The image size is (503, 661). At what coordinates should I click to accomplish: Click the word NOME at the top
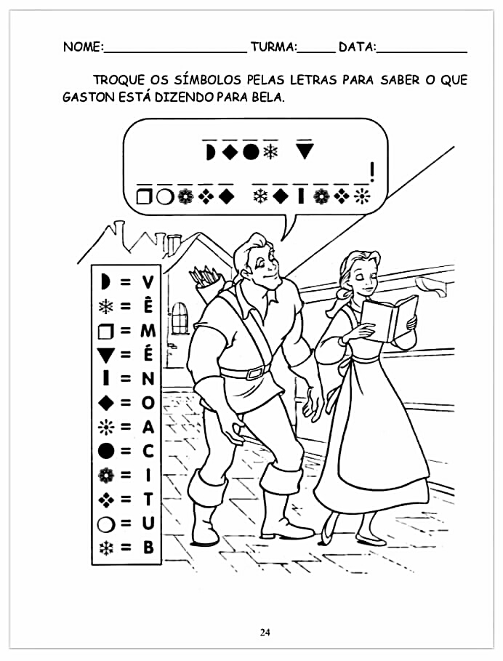[x=82, y=47]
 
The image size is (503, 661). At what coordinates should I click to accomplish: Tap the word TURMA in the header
[x=273, y=47]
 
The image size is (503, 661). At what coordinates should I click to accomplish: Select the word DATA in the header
[x=356, y=47]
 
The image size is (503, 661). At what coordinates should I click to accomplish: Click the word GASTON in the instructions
[x=89, y=97]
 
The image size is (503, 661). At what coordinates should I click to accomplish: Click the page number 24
[x=265, y=633]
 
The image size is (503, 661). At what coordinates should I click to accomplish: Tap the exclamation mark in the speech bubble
[x=371, y=172]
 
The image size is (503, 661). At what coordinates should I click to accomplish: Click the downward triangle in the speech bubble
[x=305, y=151]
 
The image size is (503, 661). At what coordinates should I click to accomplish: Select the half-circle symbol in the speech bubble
[x=210, y=152]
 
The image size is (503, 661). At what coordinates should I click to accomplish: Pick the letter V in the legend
[x=148, y=282]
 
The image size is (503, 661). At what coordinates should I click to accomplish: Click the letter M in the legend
[x=148, y=330]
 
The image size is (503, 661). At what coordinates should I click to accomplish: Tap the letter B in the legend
[x=148, y=548]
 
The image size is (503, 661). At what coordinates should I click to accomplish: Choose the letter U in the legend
[x=148, y=523]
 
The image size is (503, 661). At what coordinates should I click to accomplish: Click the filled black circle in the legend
[x=105, y=451]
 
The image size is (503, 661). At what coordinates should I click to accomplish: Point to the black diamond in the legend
[x=105, y=403]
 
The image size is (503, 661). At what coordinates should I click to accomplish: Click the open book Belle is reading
[x=390, y=319]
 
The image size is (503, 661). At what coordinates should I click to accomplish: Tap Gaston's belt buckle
[x=254, y=373]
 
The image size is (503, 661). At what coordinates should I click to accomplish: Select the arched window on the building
[x=180, y=318]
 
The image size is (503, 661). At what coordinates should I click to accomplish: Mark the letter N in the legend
[x=148, y=379]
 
